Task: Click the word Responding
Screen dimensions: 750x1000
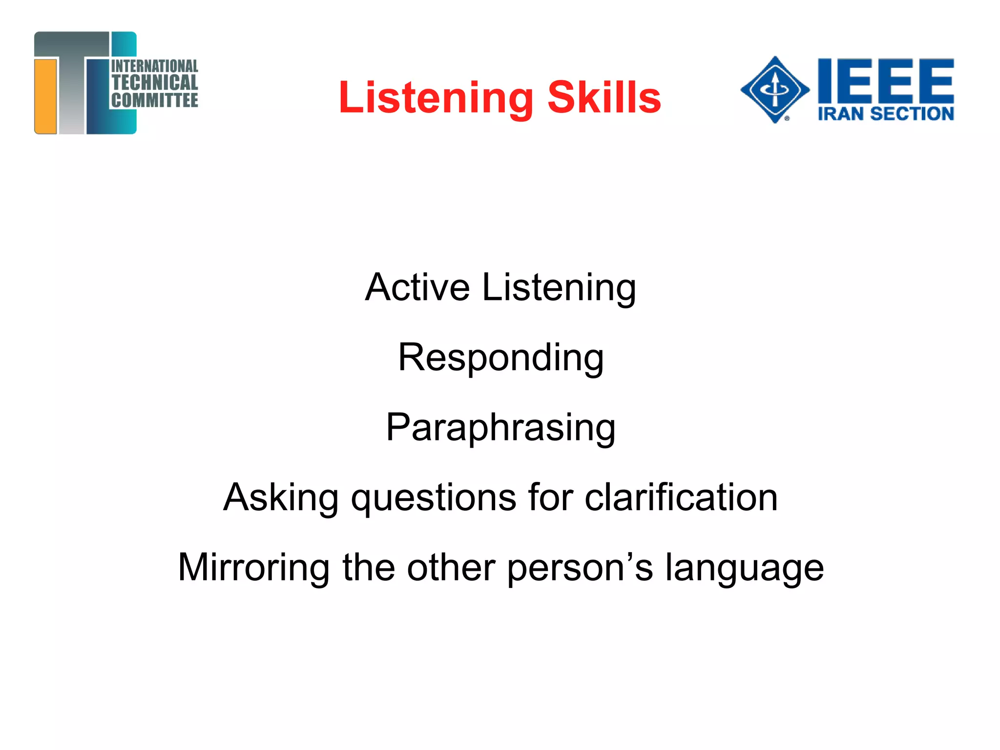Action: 501,358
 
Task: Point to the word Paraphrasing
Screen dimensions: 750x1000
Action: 500,428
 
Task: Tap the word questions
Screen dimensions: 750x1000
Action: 434,498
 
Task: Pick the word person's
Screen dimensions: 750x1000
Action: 580,568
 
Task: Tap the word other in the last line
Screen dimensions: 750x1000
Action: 451,567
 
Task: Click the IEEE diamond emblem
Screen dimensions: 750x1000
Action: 774,89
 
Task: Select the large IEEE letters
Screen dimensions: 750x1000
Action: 886,81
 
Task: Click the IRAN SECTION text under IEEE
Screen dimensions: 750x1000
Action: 886,114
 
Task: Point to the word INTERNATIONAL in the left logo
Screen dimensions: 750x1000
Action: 155,66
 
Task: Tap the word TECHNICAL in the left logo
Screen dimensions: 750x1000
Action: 155,83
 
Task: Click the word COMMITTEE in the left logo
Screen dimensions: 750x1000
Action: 155,100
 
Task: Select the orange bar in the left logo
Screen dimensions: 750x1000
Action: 46,96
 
